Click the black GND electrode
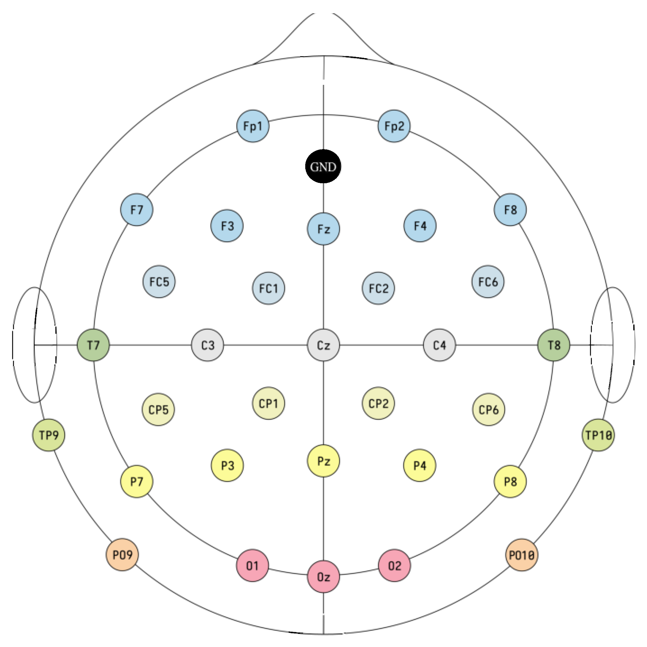323,166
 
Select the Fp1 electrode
253,126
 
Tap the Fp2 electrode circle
394,126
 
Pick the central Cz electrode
323,345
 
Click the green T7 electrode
93,345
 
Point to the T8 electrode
554,345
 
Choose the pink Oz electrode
323,576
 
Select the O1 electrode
253,566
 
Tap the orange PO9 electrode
122,555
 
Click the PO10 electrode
522,555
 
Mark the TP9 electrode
49,435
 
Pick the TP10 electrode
598,435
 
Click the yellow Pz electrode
323,461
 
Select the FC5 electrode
159,282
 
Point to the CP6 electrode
488,409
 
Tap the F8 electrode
510,210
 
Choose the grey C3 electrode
208,345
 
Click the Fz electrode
323,229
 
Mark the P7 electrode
137,481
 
